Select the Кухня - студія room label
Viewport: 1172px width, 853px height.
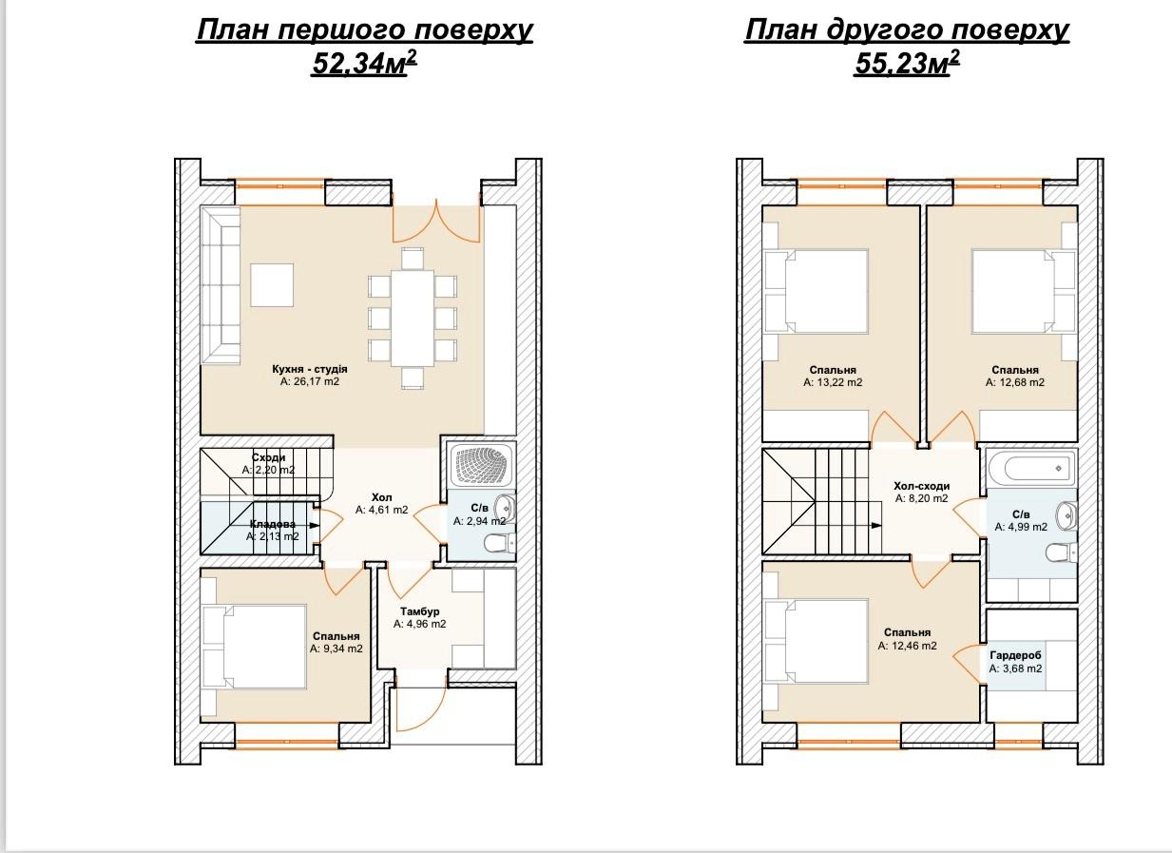(310, 369)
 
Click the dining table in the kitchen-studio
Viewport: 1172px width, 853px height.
(413, 319)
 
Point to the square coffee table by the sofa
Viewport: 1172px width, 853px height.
(272, 285)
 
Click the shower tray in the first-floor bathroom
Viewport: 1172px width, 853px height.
(482, 466)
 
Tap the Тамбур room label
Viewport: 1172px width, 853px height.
(419, 611)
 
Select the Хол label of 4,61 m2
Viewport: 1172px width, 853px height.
(381, 497)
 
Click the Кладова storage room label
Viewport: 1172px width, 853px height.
(273, 524)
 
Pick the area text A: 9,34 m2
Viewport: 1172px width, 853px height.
(336, 649)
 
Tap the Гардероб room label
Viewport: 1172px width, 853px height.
(1015, 655)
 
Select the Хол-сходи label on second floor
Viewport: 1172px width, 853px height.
(921, 486)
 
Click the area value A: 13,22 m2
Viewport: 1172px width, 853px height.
(833, 382)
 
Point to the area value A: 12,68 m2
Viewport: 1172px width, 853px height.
(1015, 382)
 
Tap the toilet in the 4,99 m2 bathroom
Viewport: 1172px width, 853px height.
(1060, 552)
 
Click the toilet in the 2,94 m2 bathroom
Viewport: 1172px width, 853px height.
(500, 543)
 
